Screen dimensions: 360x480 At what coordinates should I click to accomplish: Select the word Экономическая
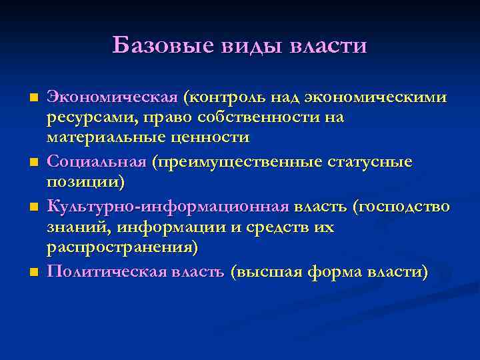(x=112, y=98)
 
